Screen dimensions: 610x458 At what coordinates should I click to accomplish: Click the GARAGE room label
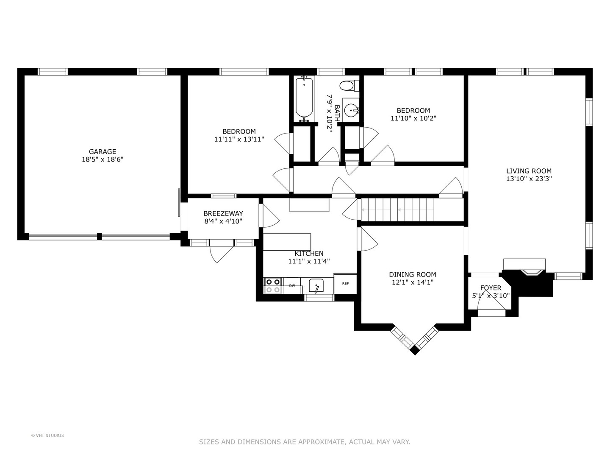coord(102,151)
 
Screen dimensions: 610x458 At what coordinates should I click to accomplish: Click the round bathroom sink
coord(351,110)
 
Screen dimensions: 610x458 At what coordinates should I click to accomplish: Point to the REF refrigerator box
coord(345,283)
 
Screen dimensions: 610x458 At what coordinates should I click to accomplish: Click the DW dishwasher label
coord(292,285)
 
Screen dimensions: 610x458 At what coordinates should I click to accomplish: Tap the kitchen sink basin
coord(316,285)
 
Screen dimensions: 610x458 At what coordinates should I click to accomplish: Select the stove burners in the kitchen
coord(273,285)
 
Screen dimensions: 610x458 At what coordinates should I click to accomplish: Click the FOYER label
coord(491,288)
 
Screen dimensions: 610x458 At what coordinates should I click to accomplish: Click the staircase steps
coord(397,209)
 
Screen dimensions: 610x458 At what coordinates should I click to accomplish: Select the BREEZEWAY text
coord(223,213)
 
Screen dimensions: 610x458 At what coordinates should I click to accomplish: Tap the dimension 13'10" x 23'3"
coord(529,179)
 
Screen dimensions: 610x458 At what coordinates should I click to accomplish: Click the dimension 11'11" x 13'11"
coord(239,139)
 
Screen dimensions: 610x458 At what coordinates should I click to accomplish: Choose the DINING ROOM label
coord(413,274)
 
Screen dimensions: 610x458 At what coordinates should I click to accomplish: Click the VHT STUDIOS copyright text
coord(47,436)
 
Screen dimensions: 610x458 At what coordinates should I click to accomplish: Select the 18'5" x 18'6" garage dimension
coord(102,159)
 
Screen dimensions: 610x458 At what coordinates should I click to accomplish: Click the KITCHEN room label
coord(309,253)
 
